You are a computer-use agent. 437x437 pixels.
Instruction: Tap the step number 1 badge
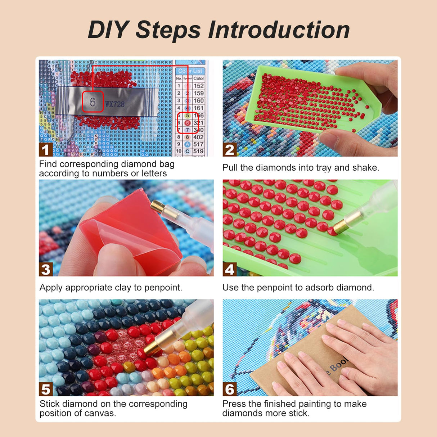pos(45,150)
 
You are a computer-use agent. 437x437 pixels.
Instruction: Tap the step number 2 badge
pos(229,150)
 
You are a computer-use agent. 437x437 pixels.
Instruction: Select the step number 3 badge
pos(45,270)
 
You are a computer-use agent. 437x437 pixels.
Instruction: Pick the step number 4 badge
pos(229,270)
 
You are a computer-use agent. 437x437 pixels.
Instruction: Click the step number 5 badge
pos(45,389)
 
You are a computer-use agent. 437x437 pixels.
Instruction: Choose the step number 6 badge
pos(229,389)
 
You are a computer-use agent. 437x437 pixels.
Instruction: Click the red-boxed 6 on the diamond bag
pos(93,102)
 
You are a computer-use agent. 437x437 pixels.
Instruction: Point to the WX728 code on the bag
pos(115,104)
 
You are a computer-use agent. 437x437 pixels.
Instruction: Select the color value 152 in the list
pos(198,86)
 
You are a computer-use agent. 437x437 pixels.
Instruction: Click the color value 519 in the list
pos(198,152)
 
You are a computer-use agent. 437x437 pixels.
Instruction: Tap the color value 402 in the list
pos(198,137)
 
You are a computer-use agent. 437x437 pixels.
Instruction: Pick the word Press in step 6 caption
pos(234,404)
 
